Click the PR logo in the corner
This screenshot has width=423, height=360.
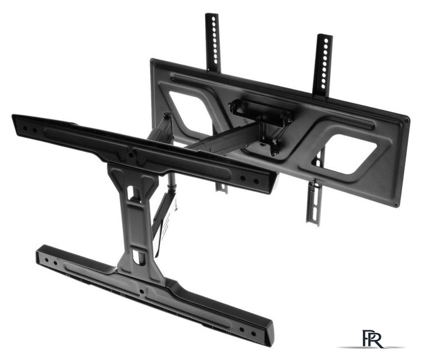point(372,339)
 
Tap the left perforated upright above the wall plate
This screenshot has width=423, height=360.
point(213,42)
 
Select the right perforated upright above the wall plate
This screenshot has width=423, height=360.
point(322,66)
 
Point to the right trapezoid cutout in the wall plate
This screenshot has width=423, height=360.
point(348,154)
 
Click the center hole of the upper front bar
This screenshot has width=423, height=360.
point(131,155)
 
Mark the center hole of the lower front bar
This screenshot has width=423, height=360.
point(141,291)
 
